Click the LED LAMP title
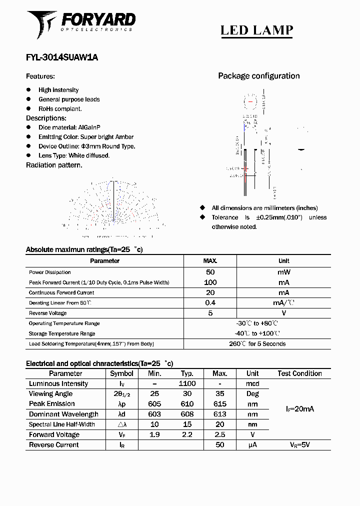pos(256,30)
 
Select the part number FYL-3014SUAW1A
pos(62,57)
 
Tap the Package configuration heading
pos(258,76)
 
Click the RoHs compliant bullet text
pos(60,108)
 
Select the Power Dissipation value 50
pos(210,272)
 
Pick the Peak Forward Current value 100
pos(210,282)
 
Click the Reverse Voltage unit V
pos(283,313)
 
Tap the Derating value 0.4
pos(210,302)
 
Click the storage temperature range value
pos(257,333)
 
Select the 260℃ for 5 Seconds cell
pos(257,344)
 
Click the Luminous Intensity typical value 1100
pos(187,383)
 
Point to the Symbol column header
pos(121,373)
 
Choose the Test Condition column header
pos(299,373)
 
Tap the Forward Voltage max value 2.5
pos(219,434)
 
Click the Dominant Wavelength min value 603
pos(154,414)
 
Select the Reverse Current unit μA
pos(252,444)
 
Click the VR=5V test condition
pos(299,444)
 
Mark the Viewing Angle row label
pos(51,394)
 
